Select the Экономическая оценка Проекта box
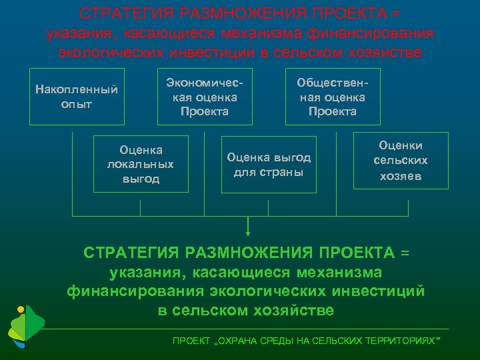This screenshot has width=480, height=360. (205, 96)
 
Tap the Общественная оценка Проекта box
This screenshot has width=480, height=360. (333, 96)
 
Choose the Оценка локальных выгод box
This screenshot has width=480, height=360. (140, 164)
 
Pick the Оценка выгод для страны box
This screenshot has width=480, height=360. (269, 164)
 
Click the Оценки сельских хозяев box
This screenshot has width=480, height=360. (401, 161)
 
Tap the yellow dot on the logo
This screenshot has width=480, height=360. (21, 309)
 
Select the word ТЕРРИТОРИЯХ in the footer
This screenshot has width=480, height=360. (406, 341)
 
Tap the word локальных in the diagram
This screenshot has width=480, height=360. (140, 164)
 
